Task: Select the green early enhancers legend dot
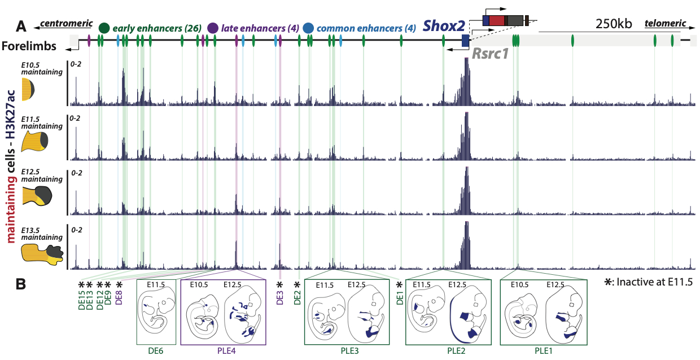tap(104, 28)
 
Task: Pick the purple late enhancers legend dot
tap(213, 28)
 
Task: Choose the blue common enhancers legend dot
tap(308, 28)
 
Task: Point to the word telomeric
tap(666, 23)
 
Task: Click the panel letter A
tap(21, 26)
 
